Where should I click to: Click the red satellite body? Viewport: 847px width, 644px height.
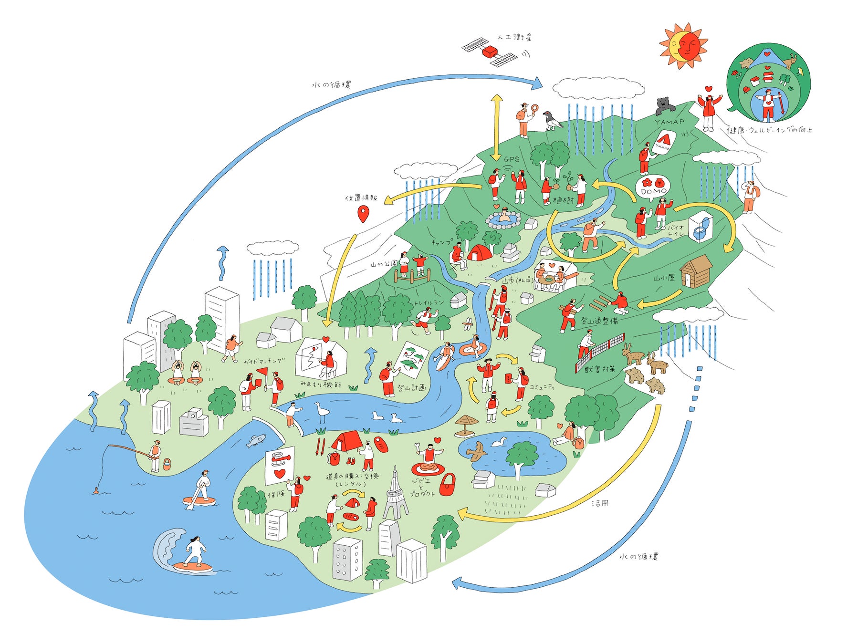click(490, 51)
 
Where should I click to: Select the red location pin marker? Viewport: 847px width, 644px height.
click(363, 214)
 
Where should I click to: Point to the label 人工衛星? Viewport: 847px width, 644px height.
click(514, 37)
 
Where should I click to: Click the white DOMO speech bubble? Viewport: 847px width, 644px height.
click(653, 187)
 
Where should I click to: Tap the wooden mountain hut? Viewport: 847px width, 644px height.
click(696, 271)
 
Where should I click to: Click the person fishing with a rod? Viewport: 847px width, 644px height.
click(155, 456)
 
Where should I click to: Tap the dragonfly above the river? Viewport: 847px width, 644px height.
click(468, 325)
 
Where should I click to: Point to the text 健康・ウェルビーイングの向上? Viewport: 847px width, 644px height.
click(769, 130)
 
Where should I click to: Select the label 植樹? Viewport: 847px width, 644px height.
click(563, 201)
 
